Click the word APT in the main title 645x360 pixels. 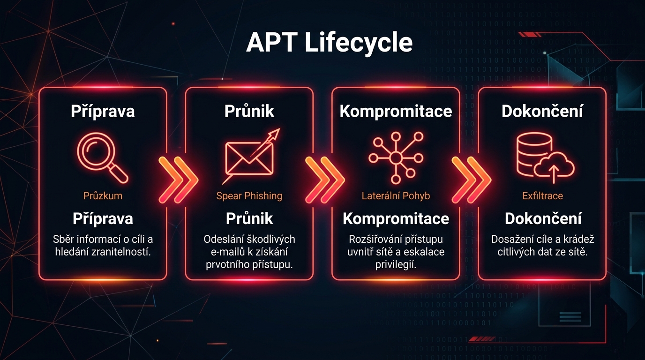(271, 43)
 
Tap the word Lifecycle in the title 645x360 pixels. (359, 43)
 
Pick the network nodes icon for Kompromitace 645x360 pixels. (396, 157)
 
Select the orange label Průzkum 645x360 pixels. (103, 195)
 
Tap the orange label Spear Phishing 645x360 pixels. (249, 195)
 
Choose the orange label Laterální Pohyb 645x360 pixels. (396, 195)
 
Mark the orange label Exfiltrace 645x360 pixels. (542, 195)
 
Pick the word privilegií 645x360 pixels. (396, 264)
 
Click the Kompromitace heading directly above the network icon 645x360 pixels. (396, 111)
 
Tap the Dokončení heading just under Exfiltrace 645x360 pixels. (543, 218)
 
